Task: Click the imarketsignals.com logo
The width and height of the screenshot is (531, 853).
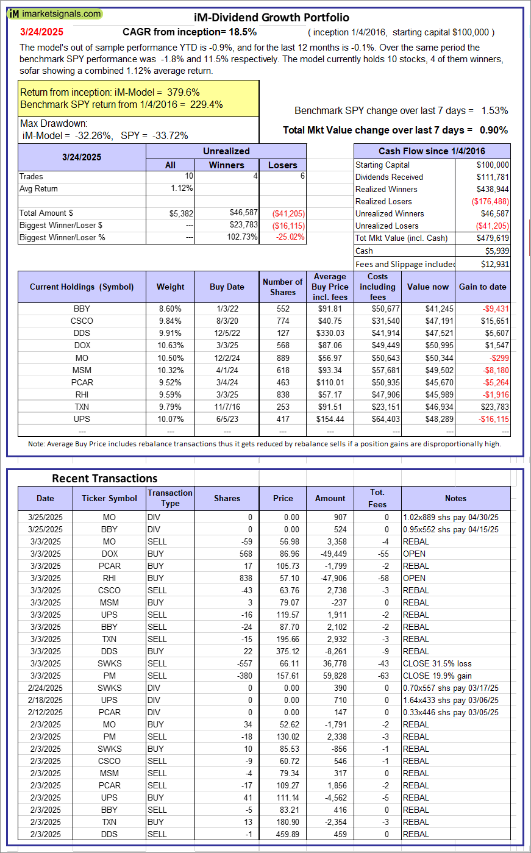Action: (x=55, y=13)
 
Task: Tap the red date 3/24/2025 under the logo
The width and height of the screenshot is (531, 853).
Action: (x=41, y=32)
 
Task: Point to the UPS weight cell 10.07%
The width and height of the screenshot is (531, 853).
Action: (x=170, y=419)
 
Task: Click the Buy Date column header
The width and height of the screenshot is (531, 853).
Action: (x=227, y=287)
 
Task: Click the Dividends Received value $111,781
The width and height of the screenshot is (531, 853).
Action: (x=493, y=177)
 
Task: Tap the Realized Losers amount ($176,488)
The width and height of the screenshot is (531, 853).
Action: (x=491, y=201)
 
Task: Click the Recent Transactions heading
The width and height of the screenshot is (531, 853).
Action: (x=104, y=478)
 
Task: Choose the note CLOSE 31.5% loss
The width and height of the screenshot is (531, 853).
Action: (x=437, y=663)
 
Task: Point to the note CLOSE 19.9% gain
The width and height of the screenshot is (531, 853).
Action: (x=437, y=676)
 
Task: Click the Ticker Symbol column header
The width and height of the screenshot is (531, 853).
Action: (x=109, y=498)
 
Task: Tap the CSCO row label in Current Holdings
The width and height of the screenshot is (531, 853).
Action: (x=82, y=321)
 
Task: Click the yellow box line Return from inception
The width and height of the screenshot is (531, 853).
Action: (x=110, y=92)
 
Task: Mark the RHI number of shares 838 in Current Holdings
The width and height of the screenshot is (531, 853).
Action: (x=282, y=394)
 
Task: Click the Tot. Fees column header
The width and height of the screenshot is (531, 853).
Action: (x=377, y=498)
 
